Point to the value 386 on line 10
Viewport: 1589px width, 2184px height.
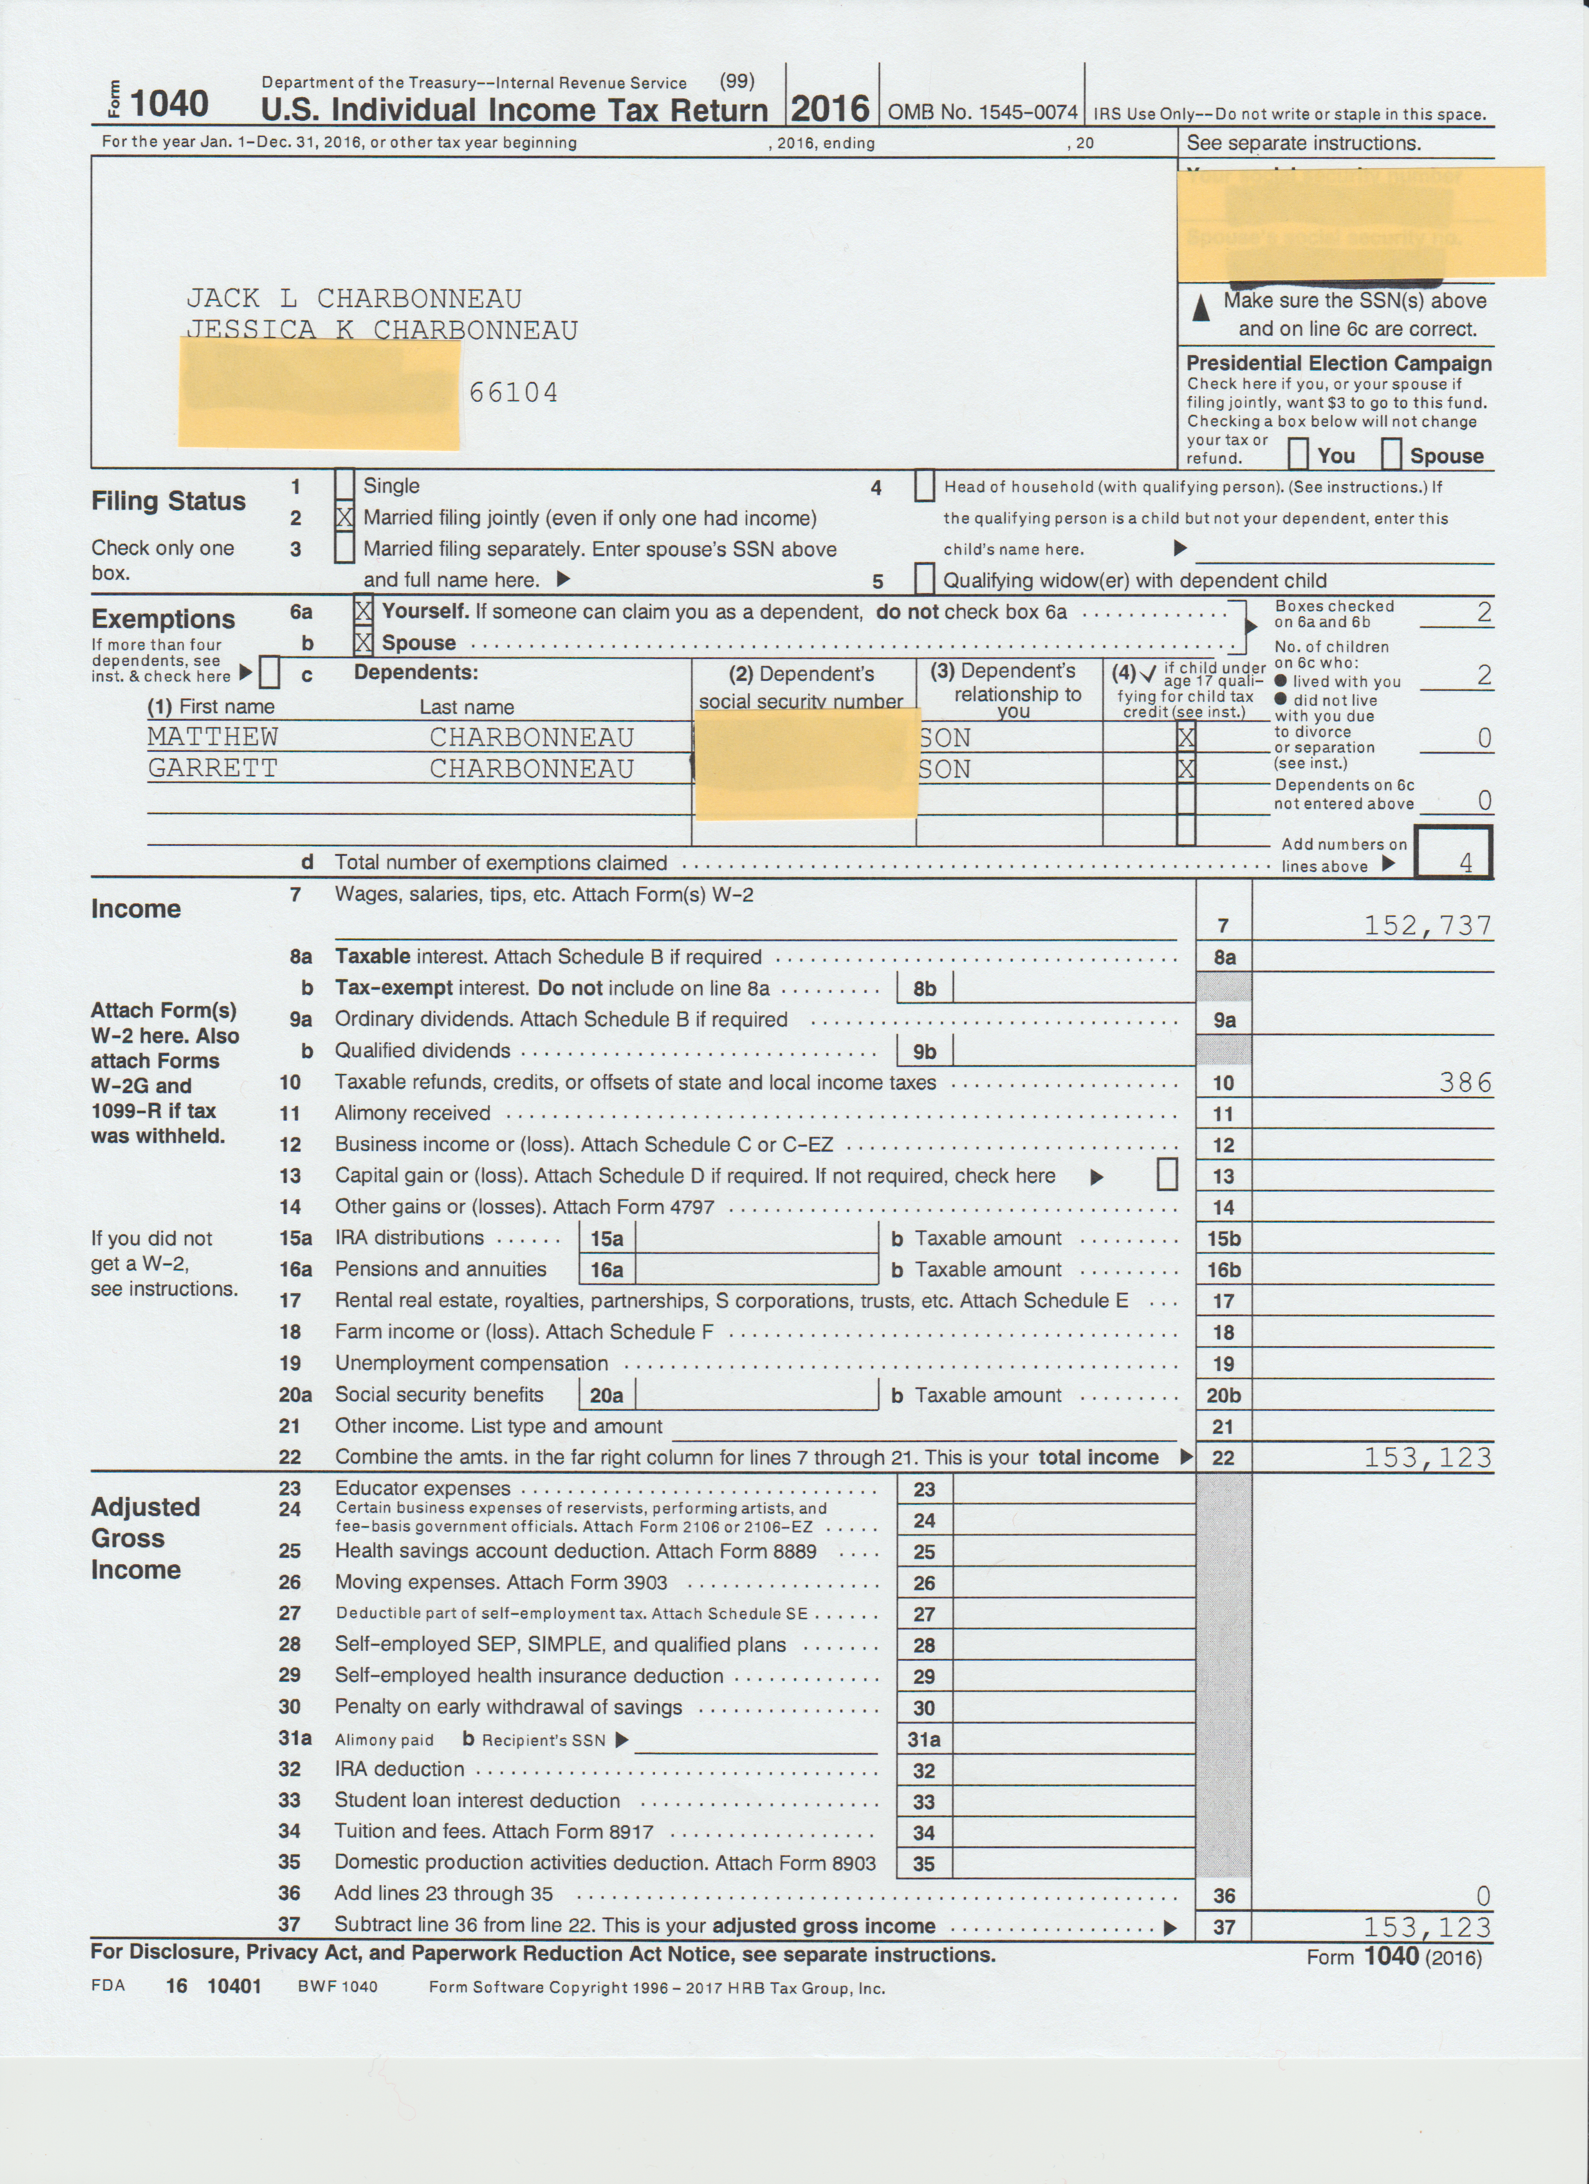coord(1465,1083)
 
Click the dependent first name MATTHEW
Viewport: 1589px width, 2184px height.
coord(213,737)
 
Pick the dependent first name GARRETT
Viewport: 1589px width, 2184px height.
coord(213,769)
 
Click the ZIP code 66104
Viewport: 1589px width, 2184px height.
coord(513,393)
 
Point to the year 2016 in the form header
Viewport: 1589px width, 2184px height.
coord(830,108)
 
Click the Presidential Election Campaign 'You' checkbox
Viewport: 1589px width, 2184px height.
coord(1298,453)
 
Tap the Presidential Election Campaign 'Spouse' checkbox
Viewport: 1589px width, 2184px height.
coord(1391,453)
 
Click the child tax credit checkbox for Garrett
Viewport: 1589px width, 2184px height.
coord(1185,769)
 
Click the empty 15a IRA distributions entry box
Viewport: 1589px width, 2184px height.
coord(756,1238)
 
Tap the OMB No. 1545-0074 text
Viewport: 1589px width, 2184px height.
coord(982,113)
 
